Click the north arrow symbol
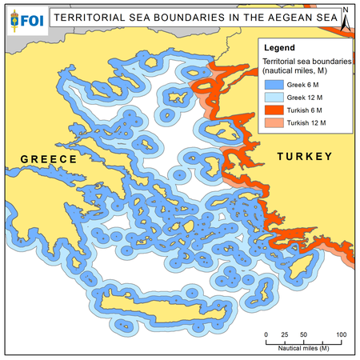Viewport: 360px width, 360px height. pos(346,20)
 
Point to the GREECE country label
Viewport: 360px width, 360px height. pos(48,160)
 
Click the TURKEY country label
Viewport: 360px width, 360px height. pos(304,158)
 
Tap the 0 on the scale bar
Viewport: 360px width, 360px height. pos(266,333)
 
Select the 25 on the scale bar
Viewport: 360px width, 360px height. pos(285,333)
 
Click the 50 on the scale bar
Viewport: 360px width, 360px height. pos(303,333)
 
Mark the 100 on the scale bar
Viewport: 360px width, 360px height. pos(340,333)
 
